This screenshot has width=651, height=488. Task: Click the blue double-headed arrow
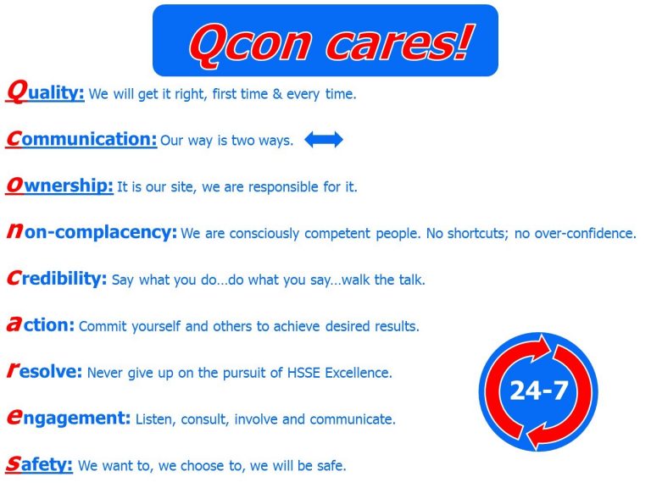coord(324,141)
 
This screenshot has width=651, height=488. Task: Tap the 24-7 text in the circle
coord(538,390)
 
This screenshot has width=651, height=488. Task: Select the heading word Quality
coord(45,92)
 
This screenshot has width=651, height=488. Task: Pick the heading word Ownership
coord(59,186)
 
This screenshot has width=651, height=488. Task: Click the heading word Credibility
coord(56,279)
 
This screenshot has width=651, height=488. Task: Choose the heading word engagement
coord(68,419)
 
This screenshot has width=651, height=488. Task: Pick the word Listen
coord(155,419)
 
